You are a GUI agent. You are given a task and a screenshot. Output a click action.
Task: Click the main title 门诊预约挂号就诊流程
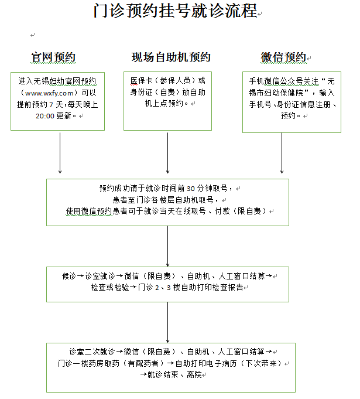pos(176,11)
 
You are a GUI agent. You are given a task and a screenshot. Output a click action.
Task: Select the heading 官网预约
pos(53,57)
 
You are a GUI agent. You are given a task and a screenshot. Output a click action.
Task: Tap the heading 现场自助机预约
pos(171,57)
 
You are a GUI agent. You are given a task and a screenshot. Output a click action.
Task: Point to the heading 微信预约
pos(283,57)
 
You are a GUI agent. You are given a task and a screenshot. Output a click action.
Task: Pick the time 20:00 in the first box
pos(45,116)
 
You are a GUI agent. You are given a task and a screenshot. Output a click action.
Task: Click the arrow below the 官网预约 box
pos(60,153)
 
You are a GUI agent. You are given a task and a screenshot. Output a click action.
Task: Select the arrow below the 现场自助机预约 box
pos(167,153)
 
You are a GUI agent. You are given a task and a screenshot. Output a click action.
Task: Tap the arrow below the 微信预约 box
pos(282,153)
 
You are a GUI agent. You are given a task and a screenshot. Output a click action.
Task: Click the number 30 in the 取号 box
pos(191,189)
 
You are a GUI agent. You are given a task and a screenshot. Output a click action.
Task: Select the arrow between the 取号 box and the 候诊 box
pos(167,246)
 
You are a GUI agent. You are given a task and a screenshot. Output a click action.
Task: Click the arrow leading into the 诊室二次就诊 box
pos(167,322)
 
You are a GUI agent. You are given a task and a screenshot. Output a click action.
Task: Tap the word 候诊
pos(69,276)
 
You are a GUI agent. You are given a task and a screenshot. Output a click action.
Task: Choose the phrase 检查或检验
pos(110,288)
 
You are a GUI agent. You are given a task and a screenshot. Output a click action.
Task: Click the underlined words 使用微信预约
pos(89,211)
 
